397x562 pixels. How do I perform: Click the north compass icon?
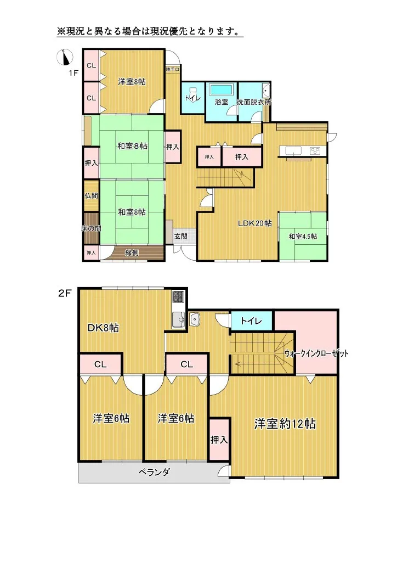65,57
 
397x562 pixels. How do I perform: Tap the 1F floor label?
73,72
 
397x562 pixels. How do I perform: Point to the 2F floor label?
65,294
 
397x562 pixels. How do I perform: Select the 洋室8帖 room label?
132,82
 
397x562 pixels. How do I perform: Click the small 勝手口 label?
172,69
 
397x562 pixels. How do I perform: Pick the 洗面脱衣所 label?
253,102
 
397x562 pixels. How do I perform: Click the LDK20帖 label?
254,223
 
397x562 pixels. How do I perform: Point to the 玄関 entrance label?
180,236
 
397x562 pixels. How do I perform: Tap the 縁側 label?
132,252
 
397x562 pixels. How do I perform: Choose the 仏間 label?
90,195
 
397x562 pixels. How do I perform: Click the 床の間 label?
91,228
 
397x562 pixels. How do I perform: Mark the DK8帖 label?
103,328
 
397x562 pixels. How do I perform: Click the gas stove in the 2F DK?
179,296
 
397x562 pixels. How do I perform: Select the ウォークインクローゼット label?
316,353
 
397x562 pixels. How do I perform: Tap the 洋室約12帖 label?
284,424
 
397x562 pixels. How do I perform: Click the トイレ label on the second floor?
251,321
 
